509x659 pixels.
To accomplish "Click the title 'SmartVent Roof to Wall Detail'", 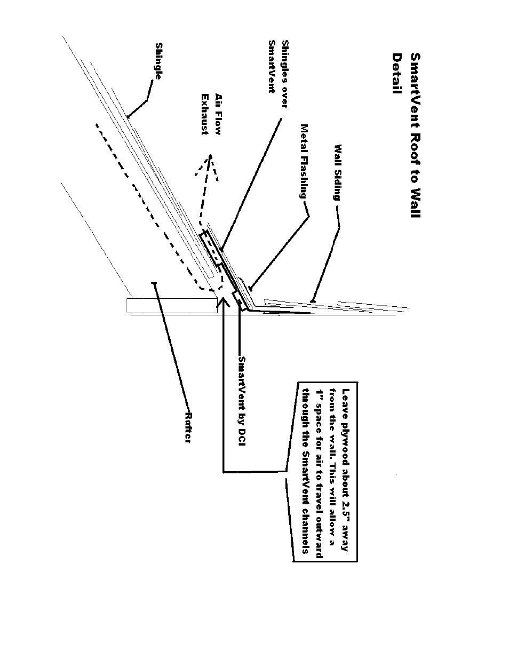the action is point(406,135).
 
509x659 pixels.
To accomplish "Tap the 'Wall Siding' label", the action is point(338,172).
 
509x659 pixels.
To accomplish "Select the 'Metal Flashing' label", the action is point(304,161).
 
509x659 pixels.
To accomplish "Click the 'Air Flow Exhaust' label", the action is point(212,114).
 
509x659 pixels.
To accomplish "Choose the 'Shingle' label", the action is point(158,61).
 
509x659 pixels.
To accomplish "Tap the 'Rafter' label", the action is point(188,427).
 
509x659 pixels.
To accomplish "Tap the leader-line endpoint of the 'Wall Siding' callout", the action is point(313,301).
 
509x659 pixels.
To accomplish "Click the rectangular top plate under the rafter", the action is point(172,306).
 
